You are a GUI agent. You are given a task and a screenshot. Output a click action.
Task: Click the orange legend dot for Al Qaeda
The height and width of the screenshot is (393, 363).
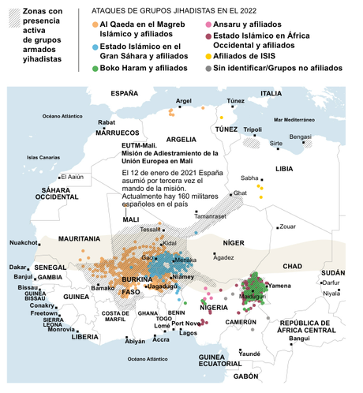(95, 27)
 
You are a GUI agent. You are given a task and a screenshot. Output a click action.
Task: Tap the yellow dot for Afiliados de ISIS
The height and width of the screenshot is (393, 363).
(208, 56)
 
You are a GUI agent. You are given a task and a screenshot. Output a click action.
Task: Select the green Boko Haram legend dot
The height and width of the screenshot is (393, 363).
(95, 69)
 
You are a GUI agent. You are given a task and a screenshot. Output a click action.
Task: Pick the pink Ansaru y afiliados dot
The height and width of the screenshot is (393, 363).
(208, 27)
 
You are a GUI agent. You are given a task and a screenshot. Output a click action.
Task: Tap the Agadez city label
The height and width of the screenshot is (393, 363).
(224, 257)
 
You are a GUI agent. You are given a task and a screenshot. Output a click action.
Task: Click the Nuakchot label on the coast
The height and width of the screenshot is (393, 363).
(23, 243)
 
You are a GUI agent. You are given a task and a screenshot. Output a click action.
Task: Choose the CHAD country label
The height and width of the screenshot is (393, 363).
(293, 266)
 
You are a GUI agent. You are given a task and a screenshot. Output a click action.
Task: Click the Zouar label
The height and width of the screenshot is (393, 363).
(287, 226)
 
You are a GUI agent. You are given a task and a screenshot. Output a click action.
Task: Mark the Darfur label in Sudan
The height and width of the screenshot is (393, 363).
(331, 282)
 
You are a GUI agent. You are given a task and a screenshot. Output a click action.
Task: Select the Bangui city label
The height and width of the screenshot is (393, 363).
(300, 339)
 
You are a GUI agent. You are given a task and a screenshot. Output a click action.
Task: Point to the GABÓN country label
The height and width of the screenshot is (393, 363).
(246, 376)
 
